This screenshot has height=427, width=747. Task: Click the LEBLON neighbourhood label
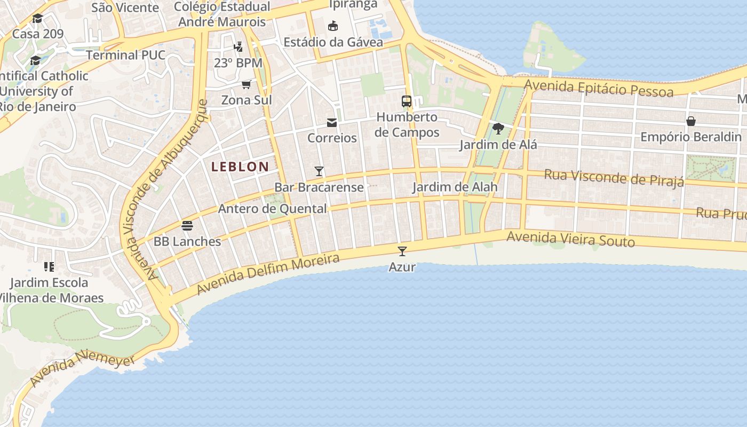(240, 167)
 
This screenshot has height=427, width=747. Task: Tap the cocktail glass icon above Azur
(402, 251)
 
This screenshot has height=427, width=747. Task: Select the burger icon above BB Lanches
(187, 225)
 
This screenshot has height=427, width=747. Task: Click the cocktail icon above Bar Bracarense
(319, 171)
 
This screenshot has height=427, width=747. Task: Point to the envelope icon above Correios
(332, 123)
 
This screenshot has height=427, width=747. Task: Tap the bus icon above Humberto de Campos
(407, 101)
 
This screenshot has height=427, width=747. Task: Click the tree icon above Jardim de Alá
(498, 129)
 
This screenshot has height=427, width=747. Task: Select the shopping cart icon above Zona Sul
(246, 84)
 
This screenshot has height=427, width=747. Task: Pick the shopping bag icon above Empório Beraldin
(691, 121)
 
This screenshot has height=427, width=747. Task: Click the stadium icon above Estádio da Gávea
(333, 26)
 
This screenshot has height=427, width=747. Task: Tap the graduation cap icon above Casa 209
(37, 19)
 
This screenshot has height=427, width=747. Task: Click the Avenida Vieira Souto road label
(570, 239)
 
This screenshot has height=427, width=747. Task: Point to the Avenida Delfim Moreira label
(268, 274)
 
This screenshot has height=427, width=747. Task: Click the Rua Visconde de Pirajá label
(614, 178)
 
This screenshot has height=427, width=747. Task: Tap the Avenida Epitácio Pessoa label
(598, 88)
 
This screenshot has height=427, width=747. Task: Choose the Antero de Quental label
(272, 209)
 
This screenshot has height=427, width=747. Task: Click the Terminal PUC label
(125, 55)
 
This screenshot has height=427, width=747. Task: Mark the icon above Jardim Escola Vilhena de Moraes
(49, 266)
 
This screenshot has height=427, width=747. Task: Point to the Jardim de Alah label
(455, 187)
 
